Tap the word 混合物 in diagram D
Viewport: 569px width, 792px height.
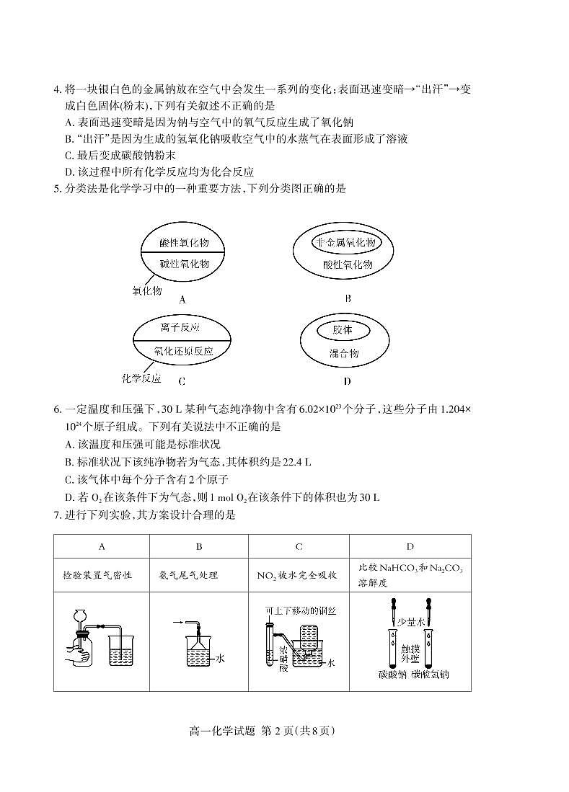pos(344,353)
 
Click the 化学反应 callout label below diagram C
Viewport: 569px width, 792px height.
pos(141,378)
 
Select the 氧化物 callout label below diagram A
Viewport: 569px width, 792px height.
pos(146,291)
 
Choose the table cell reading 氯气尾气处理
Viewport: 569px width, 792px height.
pos(188,575)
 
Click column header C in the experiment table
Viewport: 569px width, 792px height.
pos(299,547)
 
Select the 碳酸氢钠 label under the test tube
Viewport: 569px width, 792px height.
pos(431,675)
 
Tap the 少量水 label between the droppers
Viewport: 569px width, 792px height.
pos(411,621)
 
